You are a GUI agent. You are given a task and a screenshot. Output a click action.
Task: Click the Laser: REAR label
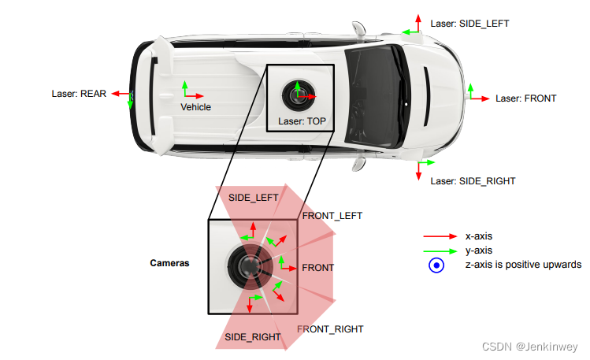click(x=79, y=93)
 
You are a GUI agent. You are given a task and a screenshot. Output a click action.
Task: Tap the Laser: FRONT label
click(x=525, y=98)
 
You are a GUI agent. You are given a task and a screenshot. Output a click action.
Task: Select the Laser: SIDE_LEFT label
click(x=469, y=24)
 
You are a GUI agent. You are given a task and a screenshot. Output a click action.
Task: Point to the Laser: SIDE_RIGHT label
click(x=473, y=181)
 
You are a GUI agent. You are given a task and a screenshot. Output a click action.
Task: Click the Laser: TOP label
click(x=302, y=121)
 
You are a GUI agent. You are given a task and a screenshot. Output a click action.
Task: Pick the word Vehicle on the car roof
click(x=195, y=107)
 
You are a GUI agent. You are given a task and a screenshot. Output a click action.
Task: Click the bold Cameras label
click(x=169, y=263)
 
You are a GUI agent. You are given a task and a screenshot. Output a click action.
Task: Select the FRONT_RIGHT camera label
click(x=330, y=329)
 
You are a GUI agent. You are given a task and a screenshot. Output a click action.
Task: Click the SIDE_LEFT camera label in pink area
click(x=253, y=198)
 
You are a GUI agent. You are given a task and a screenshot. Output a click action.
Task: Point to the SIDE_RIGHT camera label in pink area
click(x=253, y=337)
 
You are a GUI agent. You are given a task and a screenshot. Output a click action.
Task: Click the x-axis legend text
click(x=479, y=236)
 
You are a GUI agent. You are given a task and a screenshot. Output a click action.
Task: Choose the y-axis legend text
click(x=479, y=251)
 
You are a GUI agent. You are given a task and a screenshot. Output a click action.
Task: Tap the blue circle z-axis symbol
click(x=436, y=265)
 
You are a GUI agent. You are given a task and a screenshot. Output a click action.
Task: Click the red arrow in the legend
click(x=439, y=236)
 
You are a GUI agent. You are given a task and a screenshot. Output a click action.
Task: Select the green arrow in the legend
click(x=439, y=251)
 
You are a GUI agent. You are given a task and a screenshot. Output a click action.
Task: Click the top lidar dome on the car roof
click(x=299, y=95)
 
